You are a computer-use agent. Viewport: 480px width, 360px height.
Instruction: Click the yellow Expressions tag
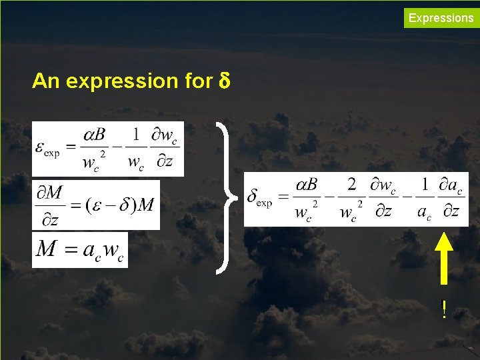[x=441, y=18]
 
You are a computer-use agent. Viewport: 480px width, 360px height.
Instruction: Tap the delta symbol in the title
[x=224, y=81]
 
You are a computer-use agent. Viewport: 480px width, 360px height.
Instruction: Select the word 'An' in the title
[x=46, y=81]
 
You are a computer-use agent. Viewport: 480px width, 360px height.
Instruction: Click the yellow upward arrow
[x=445, y=261]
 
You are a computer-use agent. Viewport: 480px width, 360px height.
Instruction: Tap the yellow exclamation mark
[x=444, y=309]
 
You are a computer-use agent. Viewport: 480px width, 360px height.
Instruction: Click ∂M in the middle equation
[x=49, y=193]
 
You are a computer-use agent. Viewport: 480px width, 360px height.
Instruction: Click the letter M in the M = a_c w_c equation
[x=47, y=249]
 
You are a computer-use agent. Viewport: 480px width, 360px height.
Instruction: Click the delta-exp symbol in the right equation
[x=259, y=197]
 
